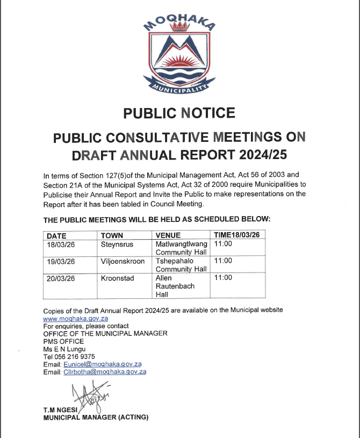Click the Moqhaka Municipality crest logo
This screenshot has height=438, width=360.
(179, 54)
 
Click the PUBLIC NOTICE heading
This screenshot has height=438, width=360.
(179, 113)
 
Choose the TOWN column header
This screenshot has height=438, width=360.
(112, 235)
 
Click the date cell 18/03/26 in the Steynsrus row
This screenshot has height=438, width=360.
(61, 244)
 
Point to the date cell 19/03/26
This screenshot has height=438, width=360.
(61, 261)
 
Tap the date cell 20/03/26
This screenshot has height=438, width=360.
(61, 278)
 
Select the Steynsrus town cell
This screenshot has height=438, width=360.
(117, 244)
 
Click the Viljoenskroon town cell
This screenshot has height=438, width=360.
(122, 261)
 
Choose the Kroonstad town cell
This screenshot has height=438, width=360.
(117, 278)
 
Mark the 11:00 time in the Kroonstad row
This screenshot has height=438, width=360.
(223, 278)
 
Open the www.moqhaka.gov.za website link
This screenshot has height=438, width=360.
(76, 319)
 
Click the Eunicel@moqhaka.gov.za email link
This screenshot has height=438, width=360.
(102, 364)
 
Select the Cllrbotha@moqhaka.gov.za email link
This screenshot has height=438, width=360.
(105, 371)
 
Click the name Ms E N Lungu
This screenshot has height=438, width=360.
(64, 349)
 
